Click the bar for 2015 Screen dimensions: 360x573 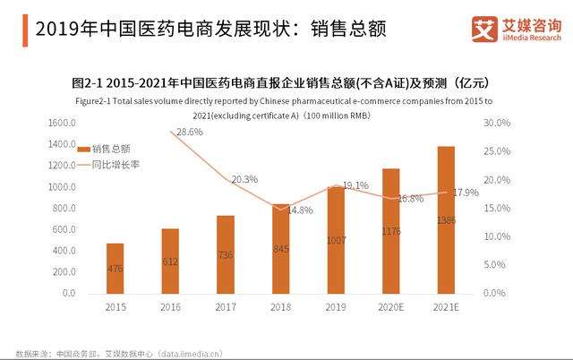click(x=115, y=268)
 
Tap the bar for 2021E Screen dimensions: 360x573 click(x=445, y=219)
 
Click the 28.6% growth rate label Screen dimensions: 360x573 click(x=189, y=132)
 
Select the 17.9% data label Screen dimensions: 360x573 click(x=466, y=193)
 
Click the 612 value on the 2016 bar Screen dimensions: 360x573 click(x=170, y=261)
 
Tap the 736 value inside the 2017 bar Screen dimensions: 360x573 click(x=226, y=255)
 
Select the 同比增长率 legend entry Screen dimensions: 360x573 click(x=110, y=165)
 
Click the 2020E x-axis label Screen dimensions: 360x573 click(x=390, y=308)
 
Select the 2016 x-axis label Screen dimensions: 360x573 click(x=170, y=308)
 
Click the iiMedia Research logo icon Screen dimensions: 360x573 click(x=484, y=28)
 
